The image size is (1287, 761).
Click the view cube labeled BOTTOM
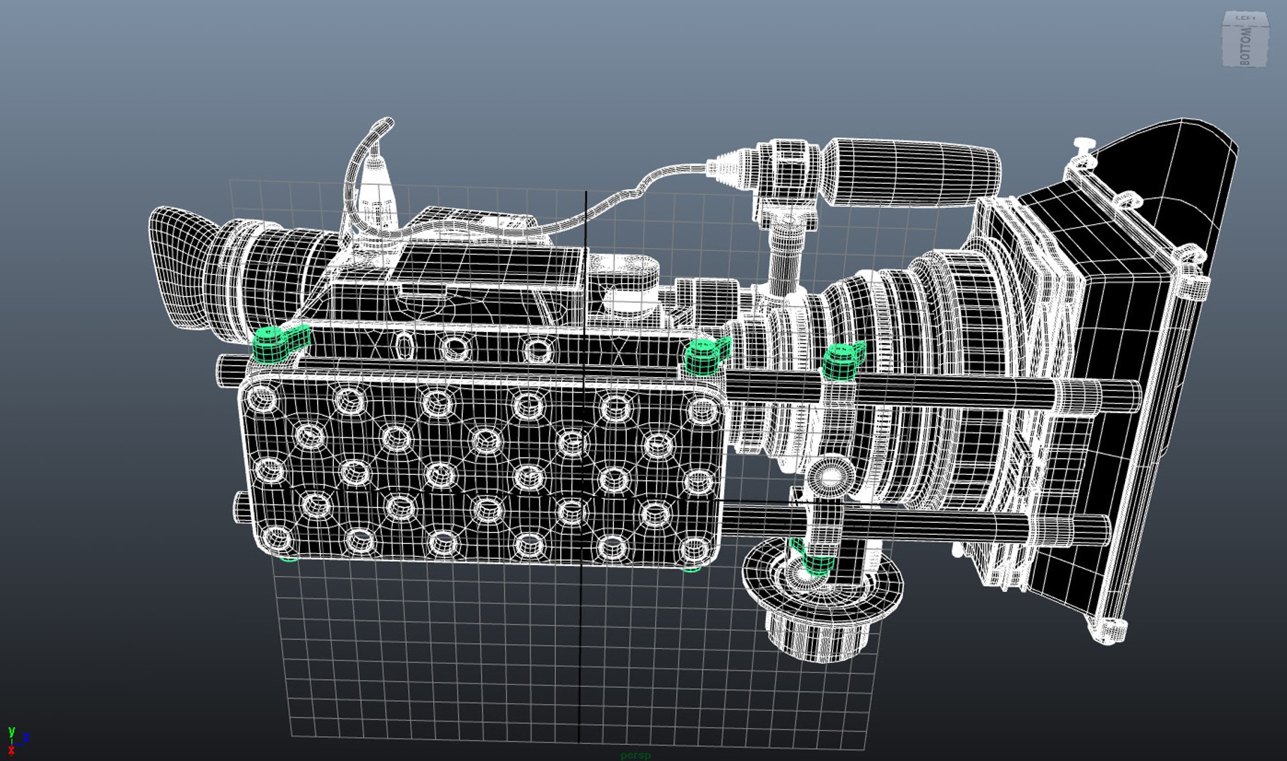click(x=1245, y=41)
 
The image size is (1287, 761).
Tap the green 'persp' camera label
click(x=635, y=755)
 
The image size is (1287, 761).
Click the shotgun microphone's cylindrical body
click(x=912, y=173)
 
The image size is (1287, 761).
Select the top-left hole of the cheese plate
click(x=264, y=400)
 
